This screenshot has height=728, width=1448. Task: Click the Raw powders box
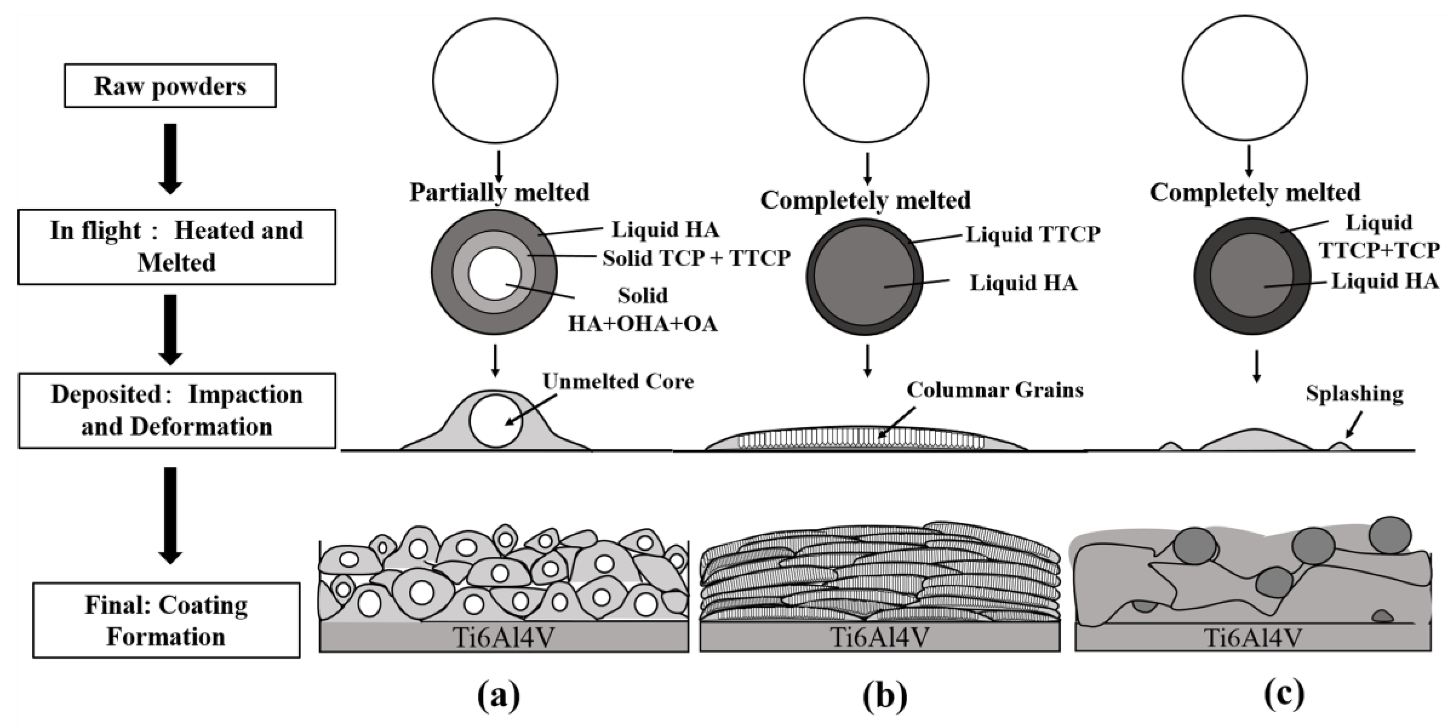point(170,86)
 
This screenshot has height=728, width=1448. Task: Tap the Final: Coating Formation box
point(166,621)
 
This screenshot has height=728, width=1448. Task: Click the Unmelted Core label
point(618,382)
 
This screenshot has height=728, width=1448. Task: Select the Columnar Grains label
point(994,390)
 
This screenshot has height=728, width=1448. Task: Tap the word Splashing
point(1354,394)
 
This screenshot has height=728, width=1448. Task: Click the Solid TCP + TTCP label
point(696,258)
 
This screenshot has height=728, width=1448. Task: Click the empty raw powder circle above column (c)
point(1245,78)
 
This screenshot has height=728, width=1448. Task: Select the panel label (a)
point(499,696)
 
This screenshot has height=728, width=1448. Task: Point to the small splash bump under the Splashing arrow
point(1341,446)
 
